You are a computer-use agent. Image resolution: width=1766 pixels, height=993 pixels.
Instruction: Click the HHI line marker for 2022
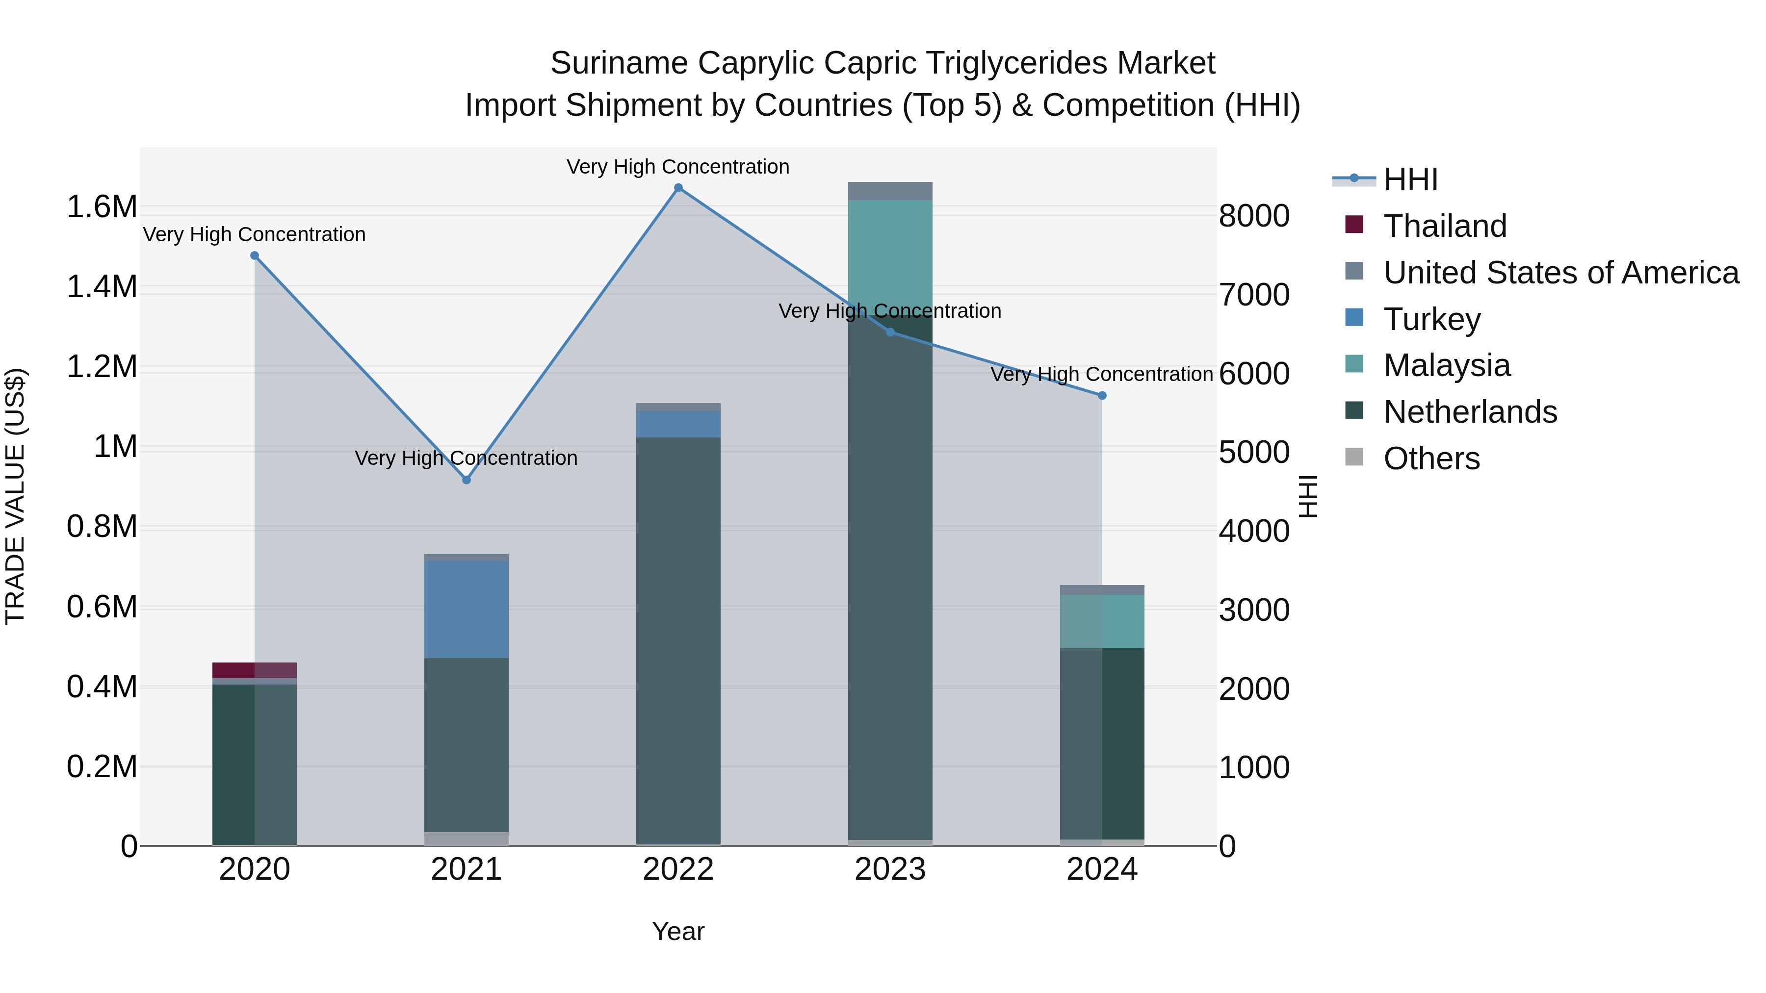(678, 188)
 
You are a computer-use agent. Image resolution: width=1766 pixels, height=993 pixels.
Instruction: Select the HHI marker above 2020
(254, 255)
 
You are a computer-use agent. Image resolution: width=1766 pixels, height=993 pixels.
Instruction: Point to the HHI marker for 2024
(1102, 395)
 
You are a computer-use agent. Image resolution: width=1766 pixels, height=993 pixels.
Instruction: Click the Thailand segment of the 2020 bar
(254, 670)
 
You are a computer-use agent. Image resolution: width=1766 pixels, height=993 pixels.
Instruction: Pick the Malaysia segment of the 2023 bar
(890, 254)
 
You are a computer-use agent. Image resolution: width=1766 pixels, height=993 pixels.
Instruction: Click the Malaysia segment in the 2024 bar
(1102, 622)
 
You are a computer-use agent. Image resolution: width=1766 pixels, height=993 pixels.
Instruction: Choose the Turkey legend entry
(1431, 319)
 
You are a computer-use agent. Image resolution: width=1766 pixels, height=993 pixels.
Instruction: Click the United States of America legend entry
(1560, 273)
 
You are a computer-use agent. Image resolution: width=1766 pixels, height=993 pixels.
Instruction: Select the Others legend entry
(1431, 458)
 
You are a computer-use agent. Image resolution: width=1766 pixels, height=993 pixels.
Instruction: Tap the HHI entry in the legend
(1410, 179)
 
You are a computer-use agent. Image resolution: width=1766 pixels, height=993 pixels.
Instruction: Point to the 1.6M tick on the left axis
(102, 207)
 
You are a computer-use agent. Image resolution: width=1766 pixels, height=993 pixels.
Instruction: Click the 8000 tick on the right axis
(1254, 216)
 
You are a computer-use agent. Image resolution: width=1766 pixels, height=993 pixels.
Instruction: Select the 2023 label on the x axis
(890, 869)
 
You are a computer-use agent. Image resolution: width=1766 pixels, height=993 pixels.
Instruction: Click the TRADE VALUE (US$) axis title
(15, 496)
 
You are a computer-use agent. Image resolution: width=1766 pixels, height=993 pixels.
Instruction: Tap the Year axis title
(678, 931)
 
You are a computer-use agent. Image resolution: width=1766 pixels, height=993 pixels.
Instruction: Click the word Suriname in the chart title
(619, 63)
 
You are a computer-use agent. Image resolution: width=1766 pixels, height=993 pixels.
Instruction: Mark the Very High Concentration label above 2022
(678, 167)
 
